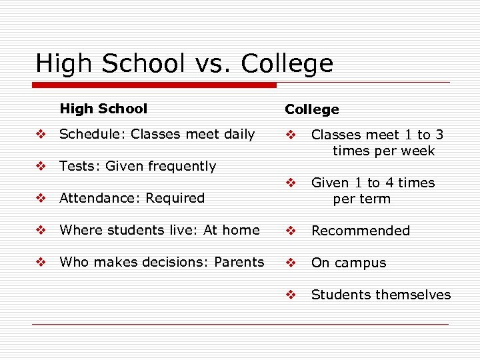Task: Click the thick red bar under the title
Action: point(155,85)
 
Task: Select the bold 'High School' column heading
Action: point(103,109)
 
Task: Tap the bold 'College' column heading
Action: point(312,109)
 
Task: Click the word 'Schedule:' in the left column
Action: point(93,134)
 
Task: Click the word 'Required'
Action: point(175,198)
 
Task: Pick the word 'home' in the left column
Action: point(241,230)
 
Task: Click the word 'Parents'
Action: point(239,262)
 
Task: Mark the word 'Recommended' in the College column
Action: point(361,231)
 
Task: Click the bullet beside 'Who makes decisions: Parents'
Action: point(41,262)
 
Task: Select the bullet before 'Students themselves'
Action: point(290,295)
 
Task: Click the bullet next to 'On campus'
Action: point(290,263)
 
